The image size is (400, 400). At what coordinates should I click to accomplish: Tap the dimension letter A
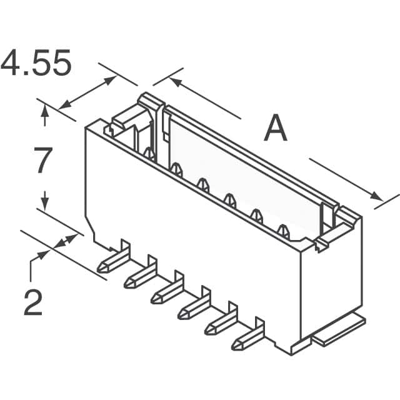pos(275,130)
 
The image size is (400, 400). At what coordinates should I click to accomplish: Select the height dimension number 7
pos(42,161)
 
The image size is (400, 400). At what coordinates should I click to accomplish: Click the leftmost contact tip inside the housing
pos(148,152)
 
